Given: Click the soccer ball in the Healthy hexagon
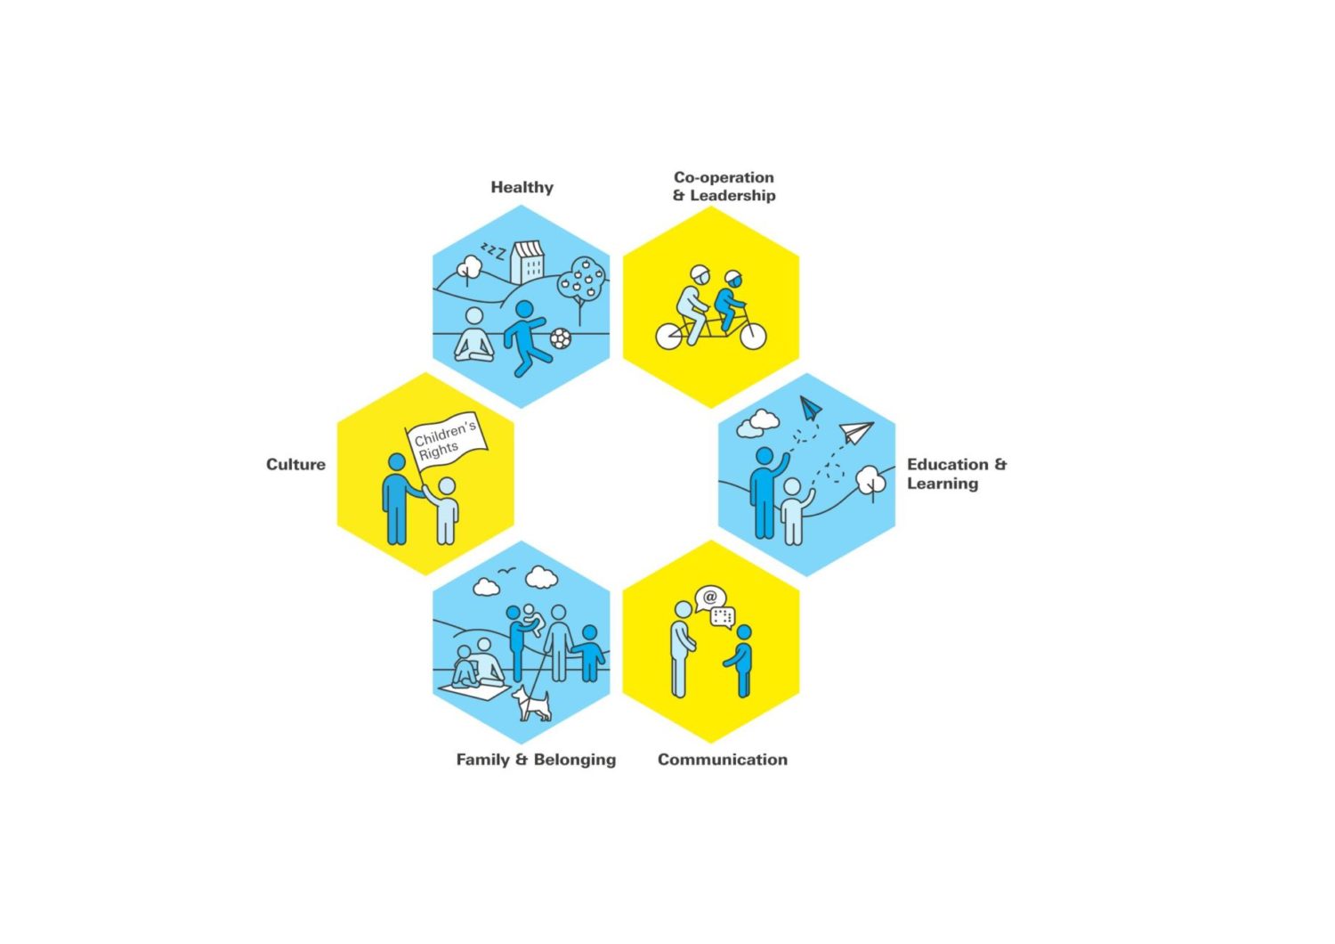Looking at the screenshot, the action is pos(560,338).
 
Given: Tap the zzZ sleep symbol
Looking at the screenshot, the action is pos(493,251).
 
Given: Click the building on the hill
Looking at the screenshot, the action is pos(528,262).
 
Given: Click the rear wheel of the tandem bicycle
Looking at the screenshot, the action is pos(669,337).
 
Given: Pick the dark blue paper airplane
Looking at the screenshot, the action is pos(810,409).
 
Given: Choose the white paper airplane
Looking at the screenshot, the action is pos(856,432).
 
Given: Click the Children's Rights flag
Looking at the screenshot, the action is pos(447,442).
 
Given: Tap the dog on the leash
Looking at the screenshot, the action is pos(531,704).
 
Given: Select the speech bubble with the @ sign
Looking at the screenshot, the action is pos(710,598).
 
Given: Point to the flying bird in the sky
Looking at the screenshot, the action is pos(506,571).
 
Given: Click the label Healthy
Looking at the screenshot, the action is pos(522,187).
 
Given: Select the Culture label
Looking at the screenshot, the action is pos(295,465).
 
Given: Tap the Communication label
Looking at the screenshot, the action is pos(723,759).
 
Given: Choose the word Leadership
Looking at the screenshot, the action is pos(732,196).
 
